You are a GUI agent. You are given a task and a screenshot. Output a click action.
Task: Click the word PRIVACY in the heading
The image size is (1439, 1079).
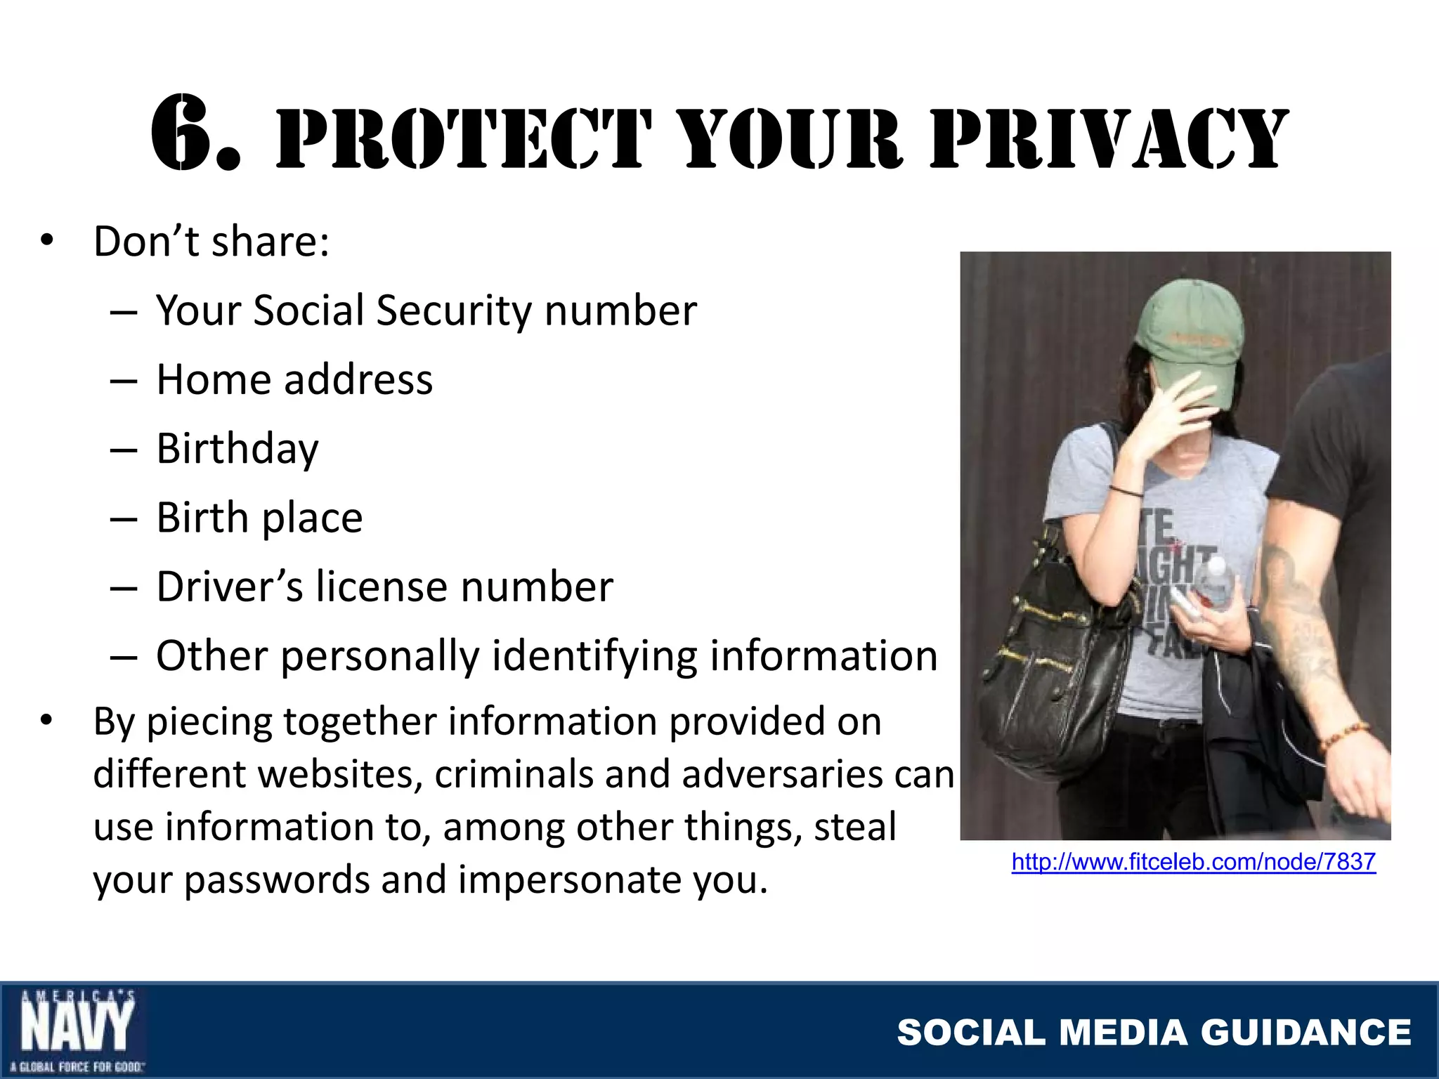tap(1109, 139)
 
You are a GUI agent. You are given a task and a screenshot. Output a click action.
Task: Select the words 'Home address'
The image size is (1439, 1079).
tap(294, 380)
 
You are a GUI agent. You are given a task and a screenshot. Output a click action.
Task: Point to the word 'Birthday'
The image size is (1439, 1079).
tap(237, 450)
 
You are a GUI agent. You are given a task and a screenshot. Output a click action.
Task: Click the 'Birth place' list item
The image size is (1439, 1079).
tap(259, 518)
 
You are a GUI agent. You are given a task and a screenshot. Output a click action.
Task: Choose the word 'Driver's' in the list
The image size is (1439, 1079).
tap(230, 587)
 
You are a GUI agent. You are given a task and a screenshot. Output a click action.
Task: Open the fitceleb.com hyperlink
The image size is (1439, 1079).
tap(1193, 862)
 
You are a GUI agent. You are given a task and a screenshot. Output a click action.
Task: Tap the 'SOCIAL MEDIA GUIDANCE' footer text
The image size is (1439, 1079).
tap(1154, 1033)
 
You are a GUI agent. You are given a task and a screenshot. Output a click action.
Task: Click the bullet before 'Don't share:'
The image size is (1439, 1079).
tap(46, 241)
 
